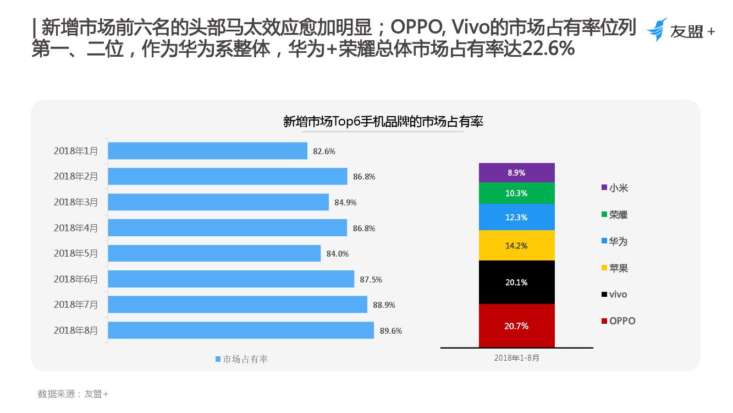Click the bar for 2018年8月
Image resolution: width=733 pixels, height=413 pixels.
[241, 330]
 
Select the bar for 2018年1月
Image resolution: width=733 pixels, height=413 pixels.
[207, 151]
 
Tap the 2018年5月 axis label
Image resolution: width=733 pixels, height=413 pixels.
[75, 253]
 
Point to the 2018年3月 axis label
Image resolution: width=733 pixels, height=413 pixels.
[75, 202]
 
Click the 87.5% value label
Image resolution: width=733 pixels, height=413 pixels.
[371, 280]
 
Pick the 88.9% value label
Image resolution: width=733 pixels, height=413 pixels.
[384, 305]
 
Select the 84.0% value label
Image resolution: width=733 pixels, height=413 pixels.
[338, 254]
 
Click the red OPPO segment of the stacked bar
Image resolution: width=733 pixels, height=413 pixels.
[516, 326]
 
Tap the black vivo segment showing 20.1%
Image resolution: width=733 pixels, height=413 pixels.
[516, 282]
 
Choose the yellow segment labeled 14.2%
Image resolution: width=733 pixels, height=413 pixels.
[516, 246]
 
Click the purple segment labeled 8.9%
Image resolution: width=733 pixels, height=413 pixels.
[516, 172]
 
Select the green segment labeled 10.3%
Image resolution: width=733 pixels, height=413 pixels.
[516, 193]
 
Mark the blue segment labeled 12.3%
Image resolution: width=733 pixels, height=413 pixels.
[516, 218]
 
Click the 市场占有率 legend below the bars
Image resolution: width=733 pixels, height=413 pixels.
[241, 359]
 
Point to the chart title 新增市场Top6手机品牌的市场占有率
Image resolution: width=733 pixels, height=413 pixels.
[383, 122]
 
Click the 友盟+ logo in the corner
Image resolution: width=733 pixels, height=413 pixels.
[681, 30]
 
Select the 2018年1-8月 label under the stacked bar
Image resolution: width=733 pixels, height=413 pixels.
[516, 358]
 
